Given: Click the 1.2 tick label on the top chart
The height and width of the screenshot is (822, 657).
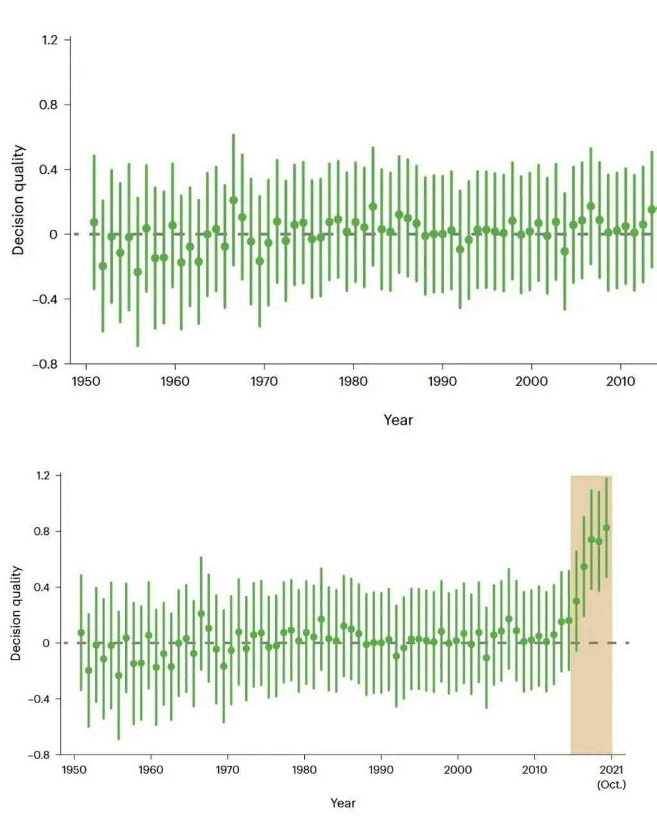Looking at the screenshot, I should click(49, 40).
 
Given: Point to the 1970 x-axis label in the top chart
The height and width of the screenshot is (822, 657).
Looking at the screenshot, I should click(264, 381).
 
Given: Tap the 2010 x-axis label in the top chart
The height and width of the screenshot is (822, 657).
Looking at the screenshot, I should click(620, 381).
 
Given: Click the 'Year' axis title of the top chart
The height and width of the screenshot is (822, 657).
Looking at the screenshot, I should click(398, 420).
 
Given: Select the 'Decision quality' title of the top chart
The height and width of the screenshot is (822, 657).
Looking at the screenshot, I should click(19, 200).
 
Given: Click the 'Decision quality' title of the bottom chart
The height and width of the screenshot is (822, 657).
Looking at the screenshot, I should click(16, 613).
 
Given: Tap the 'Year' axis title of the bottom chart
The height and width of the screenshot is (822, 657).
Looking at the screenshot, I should click(343, 803).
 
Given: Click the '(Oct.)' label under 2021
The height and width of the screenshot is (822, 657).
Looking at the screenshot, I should click(611, 784).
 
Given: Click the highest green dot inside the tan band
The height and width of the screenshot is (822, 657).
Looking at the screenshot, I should click(606, 528).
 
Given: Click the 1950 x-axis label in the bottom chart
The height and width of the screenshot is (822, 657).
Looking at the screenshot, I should click(74, 770).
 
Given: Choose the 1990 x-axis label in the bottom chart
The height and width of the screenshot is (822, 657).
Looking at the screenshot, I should click(380, 770).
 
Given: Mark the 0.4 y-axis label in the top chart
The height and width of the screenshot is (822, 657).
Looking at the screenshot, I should click(49, 170).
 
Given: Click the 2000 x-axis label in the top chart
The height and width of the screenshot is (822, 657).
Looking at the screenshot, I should click(531, 381).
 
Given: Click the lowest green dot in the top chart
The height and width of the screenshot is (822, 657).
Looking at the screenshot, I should click(137, 272).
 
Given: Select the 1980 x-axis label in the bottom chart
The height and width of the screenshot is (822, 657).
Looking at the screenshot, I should click(304, 770).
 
